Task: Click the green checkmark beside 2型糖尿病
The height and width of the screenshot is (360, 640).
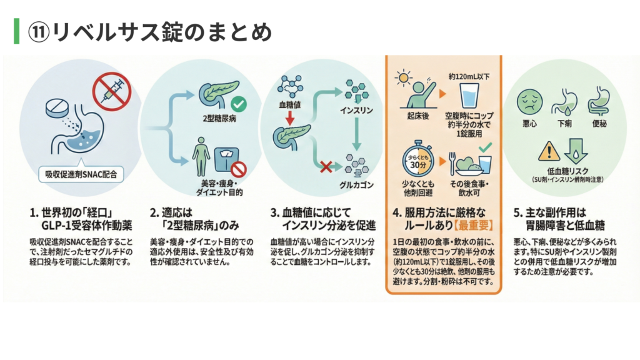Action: (237, 104)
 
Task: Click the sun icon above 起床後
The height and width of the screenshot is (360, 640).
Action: (404, 80)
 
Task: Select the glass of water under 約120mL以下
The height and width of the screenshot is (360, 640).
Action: (469, 96)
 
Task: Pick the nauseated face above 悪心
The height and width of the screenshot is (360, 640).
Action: (529, 99)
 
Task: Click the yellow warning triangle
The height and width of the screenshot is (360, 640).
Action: (547, 151)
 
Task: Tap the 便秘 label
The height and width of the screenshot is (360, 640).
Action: (598, 124)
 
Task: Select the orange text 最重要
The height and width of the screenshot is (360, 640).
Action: (474, 225)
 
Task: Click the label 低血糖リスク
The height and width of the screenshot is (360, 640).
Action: (564, 171)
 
